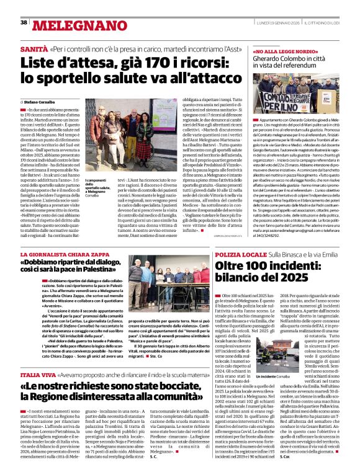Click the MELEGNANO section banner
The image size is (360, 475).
(x=74, y=24)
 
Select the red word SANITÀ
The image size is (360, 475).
(x=34, y=48)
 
